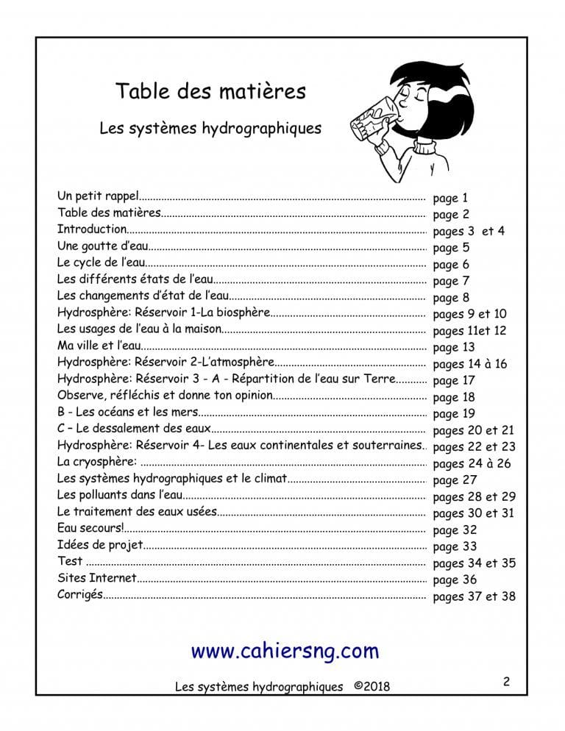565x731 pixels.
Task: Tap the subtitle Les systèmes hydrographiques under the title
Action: tap(210, 128)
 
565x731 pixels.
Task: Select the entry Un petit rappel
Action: tap(97, 197)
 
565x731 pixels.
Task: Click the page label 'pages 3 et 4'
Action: tap(469, 231)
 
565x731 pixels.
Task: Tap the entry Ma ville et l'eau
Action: tap(97, 346)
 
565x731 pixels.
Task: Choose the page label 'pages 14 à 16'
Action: tap(469, 363)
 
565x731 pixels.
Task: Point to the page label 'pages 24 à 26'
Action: tap(472, 463)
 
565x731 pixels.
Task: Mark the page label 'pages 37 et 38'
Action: tap(474, 596)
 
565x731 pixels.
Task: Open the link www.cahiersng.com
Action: tap(285, 650)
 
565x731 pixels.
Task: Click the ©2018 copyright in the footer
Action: tap(372, 686)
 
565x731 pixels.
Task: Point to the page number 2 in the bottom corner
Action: tap(506, 682)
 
